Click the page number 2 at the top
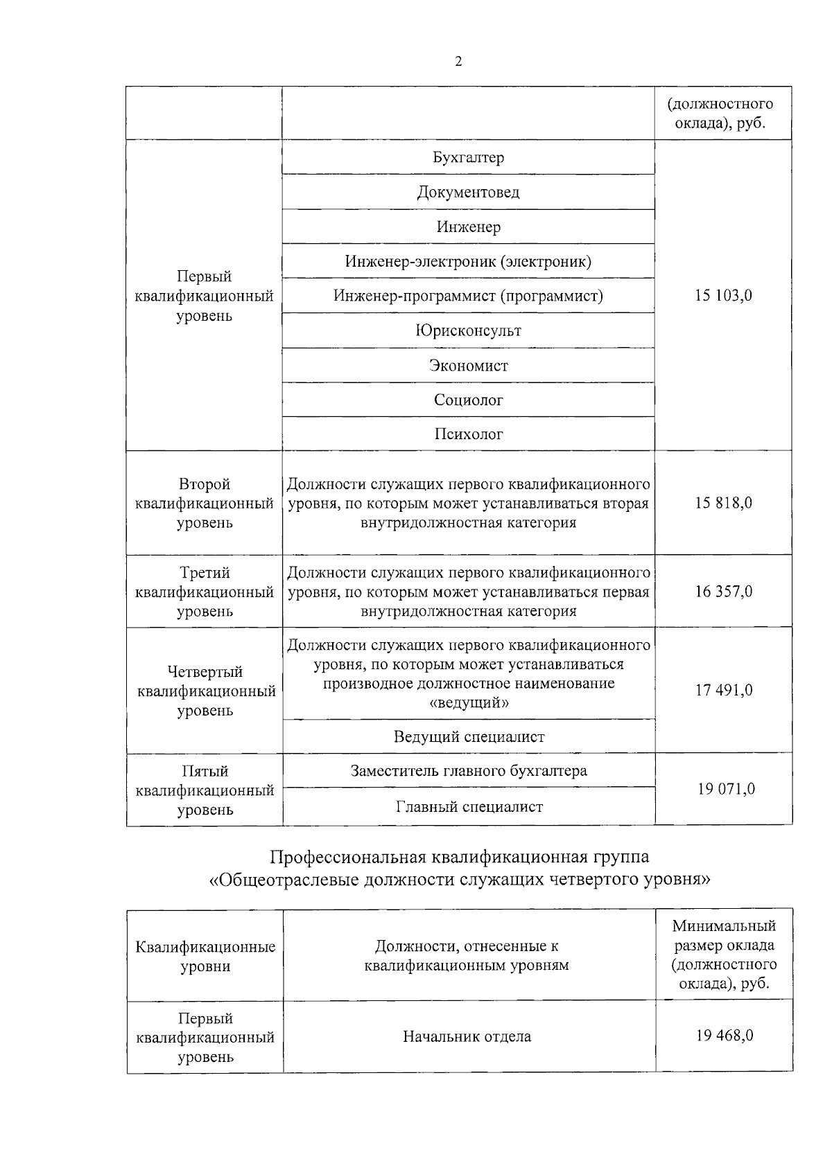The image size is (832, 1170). tap(458, 62)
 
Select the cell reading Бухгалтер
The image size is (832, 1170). tap(468, 157)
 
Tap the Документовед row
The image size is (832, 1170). tap(468, 192)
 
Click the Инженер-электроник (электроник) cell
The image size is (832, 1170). tap(468, 261)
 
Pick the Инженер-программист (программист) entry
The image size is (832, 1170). tap(468, 296)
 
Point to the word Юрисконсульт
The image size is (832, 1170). tap(468, 330)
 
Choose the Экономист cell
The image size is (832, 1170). tap(468, 365)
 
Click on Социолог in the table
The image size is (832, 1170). tap(468, 400)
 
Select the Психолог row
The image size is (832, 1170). tap(468, 434)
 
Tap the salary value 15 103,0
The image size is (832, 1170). tap(723, 296)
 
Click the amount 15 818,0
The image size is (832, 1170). tap(723, 503)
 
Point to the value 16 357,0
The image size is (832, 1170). tap(723, 592)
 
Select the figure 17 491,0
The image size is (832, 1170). tap(723, 690)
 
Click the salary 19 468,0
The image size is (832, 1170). tap(724, 1036)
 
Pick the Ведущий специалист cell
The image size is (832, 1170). tap(469, 737)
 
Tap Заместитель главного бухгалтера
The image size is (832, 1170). tap(469, 771)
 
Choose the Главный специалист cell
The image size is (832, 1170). tap(469, 807)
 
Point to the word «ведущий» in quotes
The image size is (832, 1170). tap(469, 703)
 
